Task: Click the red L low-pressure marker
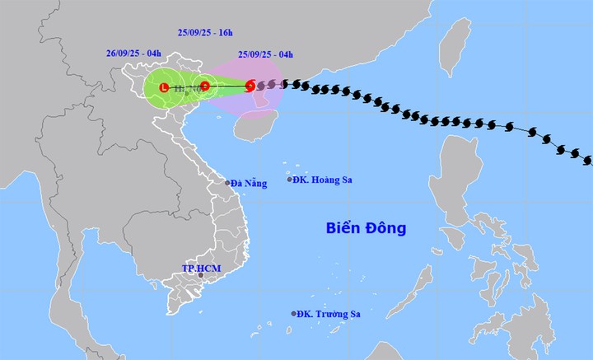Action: point(164,86)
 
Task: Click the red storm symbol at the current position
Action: point(250,84)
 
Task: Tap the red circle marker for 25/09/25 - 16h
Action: point(204,86)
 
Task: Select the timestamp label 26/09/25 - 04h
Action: point(133,54)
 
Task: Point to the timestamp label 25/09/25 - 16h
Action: point(206,33)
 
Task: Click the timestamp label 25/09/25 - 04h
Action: point(266,55)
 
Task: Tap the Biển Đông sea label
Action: point(366,228)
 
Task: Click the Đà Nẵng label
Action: point(250,183)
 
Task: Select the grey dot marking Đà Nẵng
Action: point(228,183)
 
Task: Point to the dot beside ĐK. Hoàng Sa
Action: point(290,180)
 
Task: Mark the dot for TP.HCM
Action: point(189,276)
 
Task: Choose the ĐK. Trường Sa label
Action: point(331,314)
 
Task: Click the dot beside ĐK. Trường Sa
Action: point(294,313)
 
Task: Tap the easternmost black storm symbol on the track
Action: point(586,156)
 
